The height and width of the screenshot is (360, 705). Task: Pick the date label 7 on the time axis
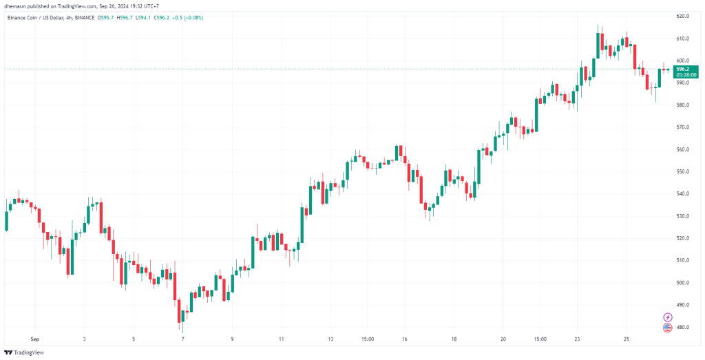(x=182, y=339)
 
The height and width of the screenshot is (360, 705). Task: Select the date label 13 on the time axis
(x=330, y=339)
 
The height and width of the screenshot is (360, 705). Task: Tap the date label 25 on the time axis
(x=627, y=339)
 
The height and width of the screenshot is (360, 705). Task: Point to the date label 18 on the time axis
(x=454, y=339)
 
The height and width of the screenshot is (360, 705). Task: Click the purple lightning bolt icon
(x=667, y=317)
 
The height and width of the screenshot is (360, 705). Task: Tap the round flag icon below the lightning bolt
(x=667, y=328)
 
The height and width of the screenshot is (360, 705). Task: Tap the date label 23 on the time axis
(x=578, y=339)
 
